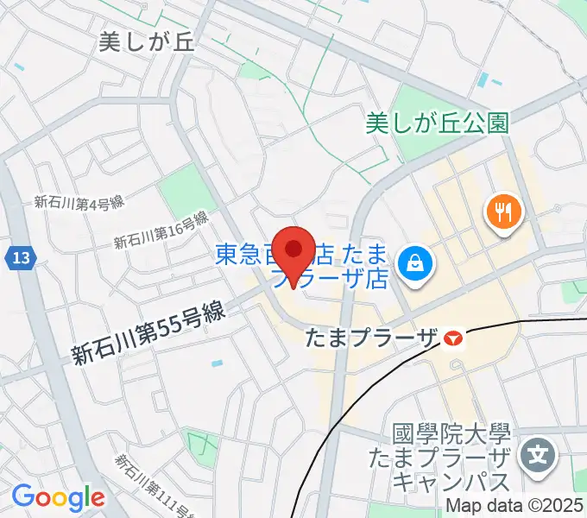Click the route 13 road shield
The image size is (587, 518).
pos(22,257)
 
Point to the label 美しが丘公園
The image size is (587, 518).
pos(438,123)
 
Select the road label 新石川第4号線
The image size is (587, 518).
pos(79,202)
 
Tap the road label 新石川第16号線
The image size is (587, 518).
pos(162,231)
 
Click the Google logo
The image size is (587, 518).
pos(58,497)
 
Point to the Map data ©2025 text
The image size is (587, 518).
pos(514,507)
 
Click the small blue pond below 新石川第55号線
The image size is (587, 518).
pos(216,363)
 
